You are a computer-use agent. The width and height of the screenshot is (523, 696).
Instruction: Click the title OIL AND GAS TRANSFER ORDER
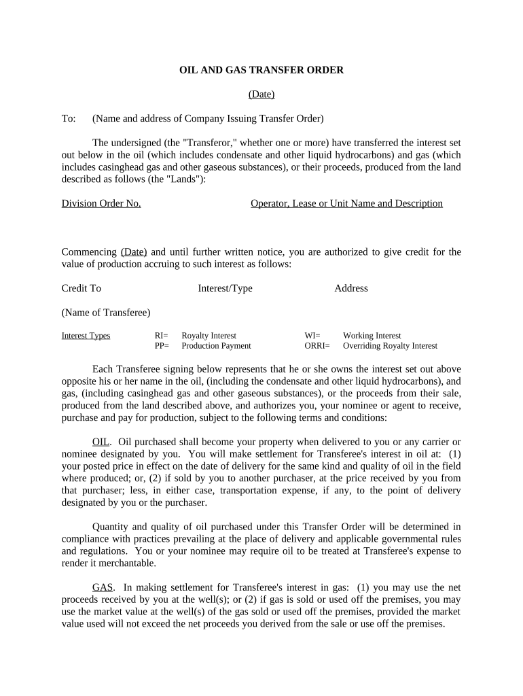tap(261, 70)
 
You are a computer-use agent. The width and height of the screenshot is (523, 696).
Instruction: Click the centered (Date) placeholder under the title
tap(261, 94)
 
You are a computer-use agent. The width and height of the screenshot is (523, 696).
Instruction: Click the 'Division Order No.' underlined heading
tap(101, 203)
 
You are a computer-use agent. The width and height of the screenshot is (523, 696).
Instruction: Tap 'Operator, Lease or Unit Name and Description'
tap(346, 203)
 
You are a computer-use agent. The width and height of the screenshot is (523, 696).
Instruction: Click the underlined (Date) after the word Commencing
tap(134, 251)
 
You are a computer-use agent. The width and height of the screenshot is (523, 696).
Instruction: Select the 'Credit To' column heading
tap(81, 288)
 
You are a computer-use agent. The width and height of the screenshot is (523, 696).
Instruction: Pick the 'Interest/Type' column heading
tap(225, 288)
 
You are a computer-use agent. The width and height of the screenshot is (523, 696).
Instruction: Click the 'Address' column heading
tap(350, 288)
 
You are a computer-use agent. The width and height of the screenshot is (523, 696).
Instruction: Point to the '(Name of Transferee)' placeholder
tap(106, 313)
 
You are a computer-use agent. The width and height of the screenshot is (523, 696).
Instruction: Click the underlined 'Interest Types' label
tap(86, 336)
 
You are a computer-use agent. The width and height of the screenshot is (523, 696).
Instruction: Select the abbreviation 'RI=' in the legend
tap(162, 336)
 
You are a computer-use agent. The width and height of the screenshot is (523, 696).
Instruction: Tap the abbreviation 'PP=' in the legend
tap(162, 346)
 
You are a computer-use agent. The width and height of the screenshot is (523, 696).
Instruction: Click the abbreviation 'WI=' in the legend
tap(312, 336)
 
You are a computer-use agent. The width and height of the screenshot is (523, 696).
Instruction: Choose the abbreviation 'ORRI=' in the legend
tap(317, 346)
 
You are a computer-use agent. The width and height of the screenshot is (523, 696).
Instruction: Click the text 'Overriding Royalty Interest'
tap(390, 346)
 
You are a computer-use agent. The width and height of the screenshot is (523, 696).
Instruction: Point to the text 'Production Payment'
tap(216, 346)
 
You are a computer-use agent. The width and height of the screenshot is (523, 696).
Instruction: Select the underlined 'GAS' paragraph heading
tap(103, 587)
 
